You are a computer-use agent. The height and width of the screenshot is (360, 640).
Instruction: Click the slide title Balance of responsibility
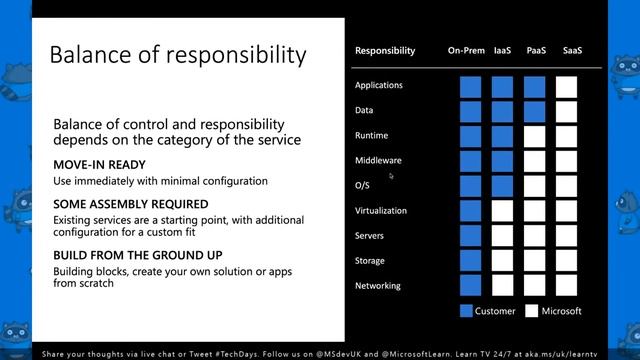pyautogui.click(x=178, y=53)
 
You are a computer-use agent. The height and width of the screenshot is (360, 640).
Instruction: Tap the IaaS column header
pyautogui.click(x=502, y=50)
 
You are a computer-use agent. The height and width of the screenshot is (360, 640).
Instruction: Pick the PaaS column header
pyautogui.click(x=535, y=50)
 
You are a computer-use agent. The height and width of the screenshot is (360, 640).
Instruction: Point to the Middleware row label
pyautogui.click(x=380, y=160)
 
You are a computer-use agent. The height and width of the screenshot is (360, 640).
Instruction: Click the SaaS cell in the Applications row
pyautogui.click(x=567, y=86)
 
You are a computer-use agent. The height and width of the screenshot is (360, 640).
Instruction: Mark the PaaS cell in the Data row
pyautogui.click(x=535, y=111)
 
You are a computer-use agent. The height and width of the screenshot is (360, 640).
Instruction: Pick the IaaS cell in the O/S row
pyautogui.click(x=502, y=186)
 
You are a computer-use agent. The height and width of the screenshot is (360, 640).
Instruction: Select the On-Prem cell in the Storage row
pyautogui.click(x=470, y=261)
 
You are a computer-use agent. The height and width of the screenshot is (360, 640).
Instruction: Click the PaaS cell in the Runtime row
pyautogui.click(x=535, y=136)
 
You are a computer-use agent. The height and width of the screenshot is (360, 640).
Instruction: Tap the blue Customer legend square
pyautogui.click(x=467, y=311)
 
